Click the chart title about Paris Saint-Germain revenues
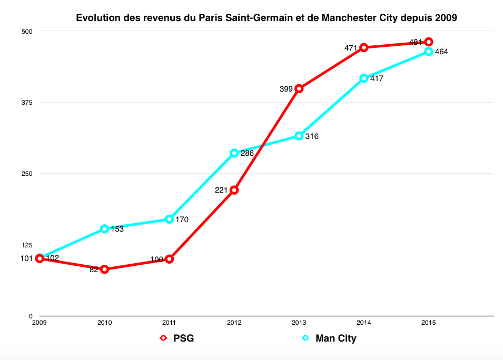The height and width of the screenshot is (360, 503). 267,18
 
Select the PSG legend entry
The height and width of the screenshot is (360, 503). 177,338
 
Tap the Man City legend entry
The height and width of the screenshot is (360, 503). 329,338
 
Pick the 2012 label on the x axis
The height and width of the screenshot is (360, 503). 234,322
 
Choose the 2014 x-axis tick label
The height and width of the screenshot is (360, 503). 363,322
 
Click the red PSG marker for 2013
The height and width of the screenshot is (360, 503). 299,88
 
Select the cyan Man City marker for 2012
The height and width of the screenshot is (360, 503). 234,153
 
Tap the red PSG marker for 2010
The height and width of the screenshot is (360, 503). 104,269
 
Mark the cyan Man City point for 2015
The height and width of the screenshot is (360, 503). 429,52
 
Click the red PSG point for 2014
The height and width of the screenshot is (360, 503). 363,47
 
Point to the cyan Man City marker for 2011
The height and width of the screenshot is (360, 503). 169,219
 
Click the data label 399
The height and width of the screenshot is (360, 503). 285,89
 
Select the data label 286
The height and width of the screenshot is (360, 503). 247,154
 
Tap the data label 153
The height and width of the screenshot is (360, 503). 117,229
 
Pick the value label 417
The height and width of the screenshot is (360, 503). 377,79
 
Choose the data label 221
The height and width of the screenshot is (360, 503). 221,190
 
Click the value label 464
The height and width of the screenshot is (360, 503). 441,52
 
